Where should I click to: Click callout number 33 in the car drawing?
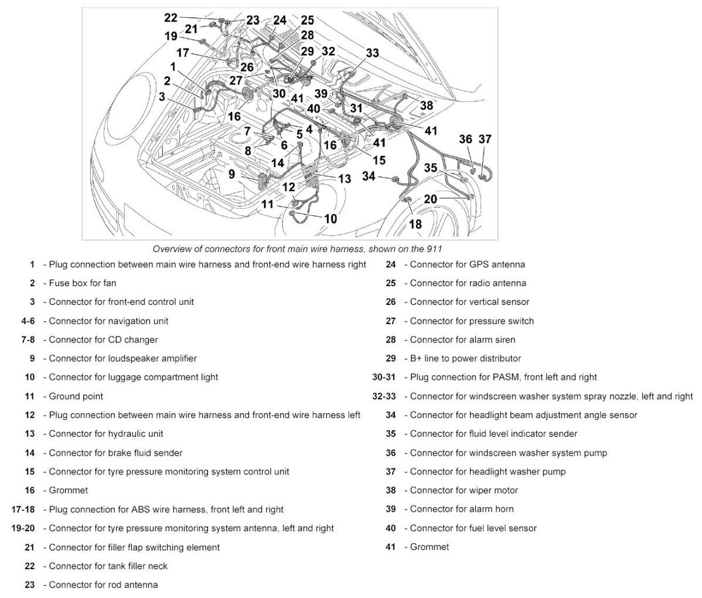click(x=372, y=53)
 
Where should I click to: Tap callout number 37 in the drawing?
click(x=485, y=140)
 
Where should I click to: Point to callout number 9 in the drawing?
click(x=231, y=174)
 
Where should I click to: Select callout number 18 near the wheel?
click(x=415, y=224)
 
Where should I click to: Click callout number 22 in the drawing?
click(x=171, y=18)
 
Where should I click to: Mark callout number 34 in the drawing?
click(x=369, y=176)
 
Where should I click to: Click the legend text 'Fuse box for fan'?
click(x=82, y=283)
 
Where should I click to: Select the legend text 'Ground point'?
click(x=76, y=396)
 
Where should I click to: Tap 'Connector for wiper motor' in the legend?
click(x=464, y=490)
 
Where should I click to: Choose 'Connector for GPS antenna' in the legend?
click(x=467, y=264)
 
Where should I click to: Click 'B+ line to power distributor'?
click(x=465, y=358)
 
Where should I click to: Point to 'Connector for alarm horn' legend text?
click(x=461, y=509)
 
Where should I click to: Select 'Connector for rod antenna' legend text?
click(x=103, y=585)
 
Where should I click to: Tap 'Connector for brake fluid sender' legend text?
click(x=115, y=453)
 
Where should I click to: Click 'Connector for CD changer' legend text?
click(x=103, y=339)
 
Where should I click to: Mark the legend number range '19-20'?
click(x=23, y=528)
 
